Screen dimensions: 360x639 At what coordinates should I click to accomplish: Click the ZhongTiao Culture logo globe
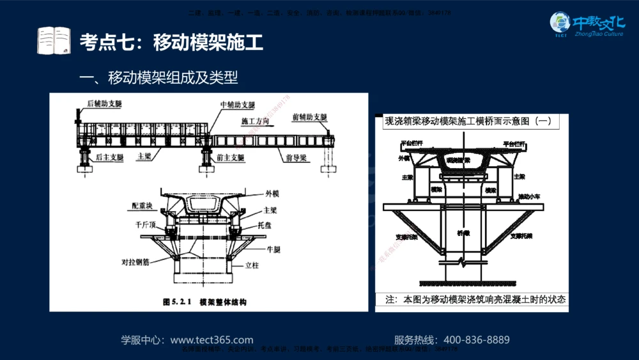pyautogui.click(x=560, y=23)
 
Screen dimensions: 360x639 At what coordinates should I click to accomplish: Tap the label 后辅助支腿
pyautogui.click(x=104, y=104)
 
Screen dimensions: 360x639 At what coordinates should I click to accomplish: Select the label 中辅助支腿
pyautogui.click(x=237, y=104)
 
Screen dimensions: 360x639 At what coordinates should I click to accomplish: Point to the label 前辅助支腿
pyautogui.click(x=309, y=117)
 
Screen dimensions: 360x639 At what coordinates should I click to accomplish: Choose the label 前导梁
pyautogui.click(x=298, y=157)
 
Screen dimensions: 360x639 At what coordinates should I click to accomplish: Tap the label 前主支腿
pyautogui.click(x=229, y=157)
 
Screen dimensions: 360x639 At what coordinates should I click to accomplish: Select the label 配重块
pyautogui.click(x=142, y=206)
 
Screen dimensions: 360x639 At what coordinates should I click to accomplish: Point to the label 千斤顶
pyautogui.click(x=146, y=225)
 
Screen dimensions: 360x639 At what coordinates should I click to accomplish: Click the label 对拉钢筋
pyautogui.click(x=135, y=262)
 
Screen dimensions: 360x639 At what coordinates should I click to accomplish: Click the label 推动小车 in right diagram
pyautogui.click(x=530, y=196)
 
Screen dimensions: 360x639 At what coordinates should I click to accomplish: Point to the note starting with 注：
pyautogui.click(x=475, y=299)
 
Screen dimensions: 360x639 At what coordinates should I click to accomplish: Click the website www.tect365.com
pyautogui.click(x=212, y=340)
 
